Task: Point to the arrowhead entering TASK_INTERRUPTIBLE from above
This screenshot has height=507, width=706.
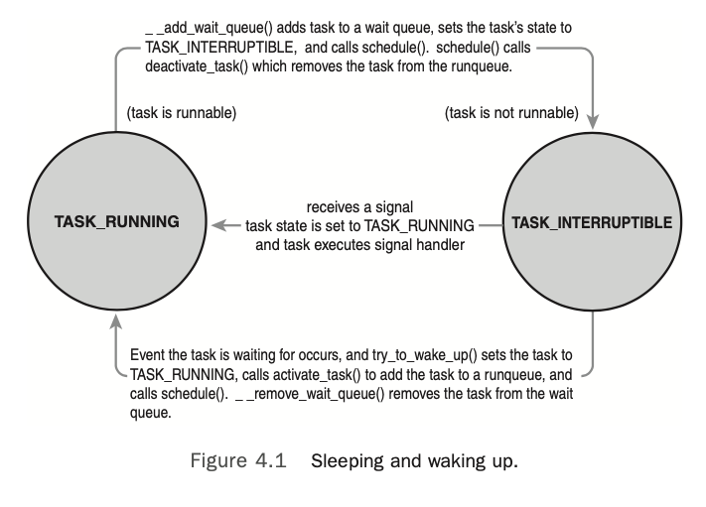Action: tap(593, 122)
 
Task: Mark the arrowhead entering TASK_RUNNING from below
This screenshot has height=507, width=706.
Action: tap(116, 319)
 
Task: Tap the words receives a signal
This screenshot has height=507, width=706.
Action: tap(359, 205)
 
